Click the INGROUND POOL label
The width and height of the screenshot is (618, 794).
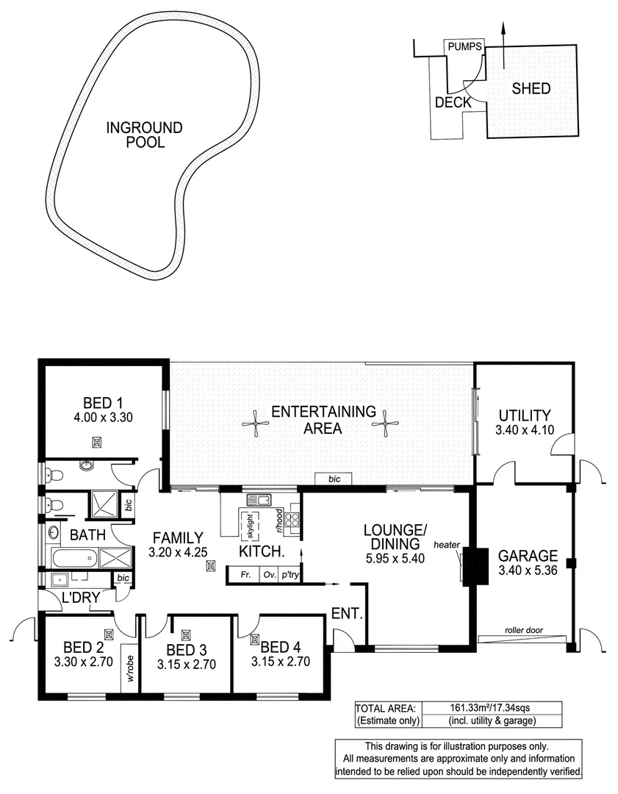(x=144, y=135)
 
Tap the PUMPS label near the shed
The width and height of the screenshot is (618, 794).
(x=464, y=46)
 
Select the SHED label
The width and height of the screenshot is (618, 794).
(x=531, y=89)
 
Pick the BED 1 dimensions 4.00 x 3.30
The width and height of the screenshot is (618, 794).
(x=102, y=416)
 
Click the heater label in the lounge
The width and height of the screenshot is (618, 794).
(x=446, y=545)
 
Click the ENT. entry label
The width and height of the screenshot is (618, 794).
(x=348, y=612)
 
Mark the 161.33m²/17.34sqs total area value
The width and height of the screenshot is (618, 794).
(x=490, y=707)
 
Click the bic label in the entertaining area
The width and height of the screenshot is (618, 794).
(x=334, y=479)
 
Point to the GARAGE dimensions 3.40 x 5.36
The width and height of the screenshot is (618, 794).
(x=528, y=569)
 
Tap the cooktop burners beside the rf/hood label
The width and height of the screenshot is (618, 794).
(x=292, y=520)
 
